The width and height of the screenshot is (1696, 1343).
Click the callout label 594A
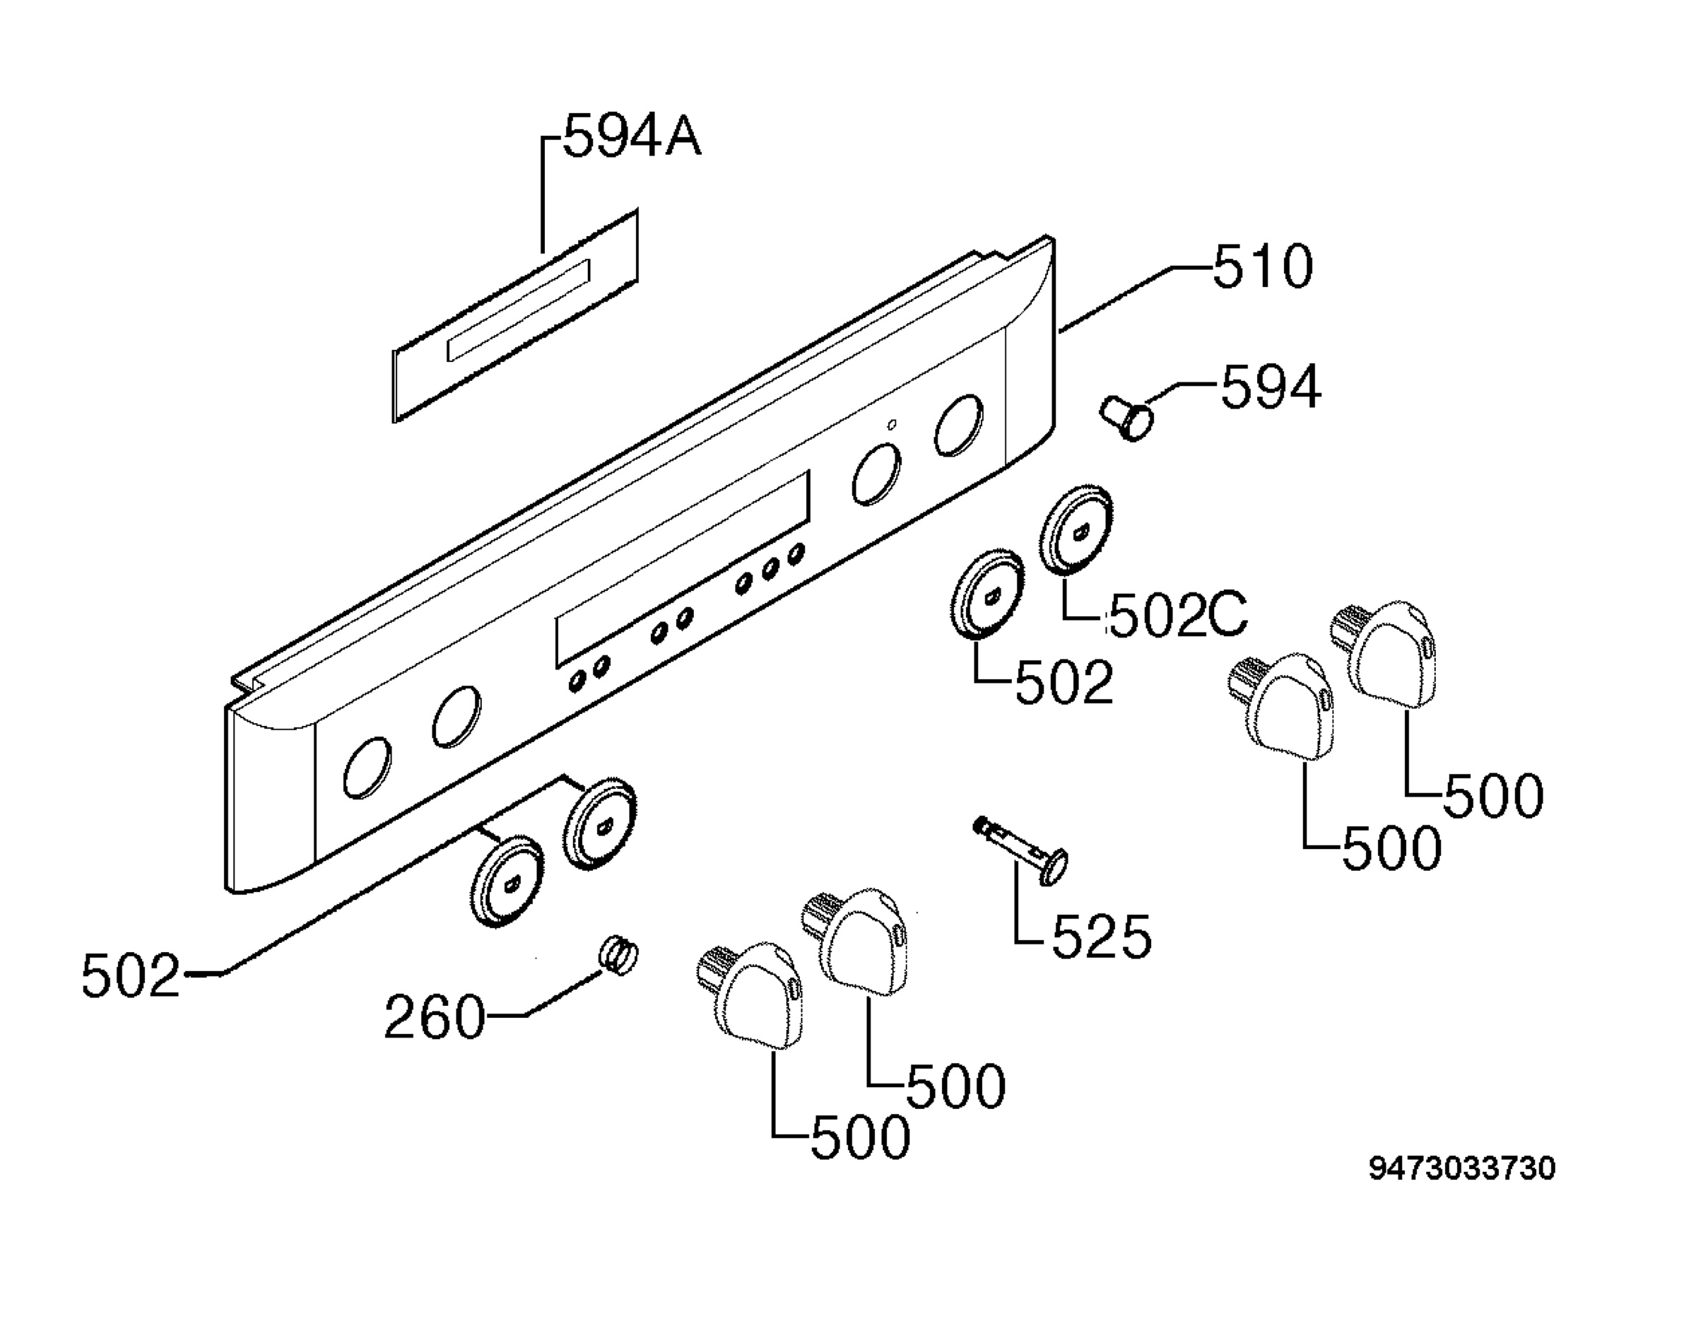(x=632, y=135)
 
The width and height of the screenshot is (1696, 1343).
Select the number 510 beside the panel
(x=1263, y=266)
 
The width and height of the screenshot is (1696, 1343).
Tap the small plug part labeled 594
(x=1126, y=418)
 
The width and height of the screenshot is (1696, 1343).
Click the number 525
(x=1101, y=937)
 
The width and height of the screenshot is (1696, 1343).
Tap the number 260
(x=435, y=1017)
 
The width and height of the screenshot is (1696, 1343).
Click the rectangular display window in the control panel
(x=682, y=569)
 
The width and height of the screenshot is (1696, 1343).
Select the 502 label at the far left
(x=131, y=975)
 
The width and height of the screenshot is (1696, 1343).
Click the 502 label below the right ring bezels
(x=1064, y=681)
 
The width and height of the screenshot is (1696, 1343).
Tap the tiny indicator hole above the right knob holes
(x=891, y=425)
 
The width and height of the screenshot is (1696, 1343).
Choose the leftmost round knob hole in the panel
(x=367, y=768)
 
